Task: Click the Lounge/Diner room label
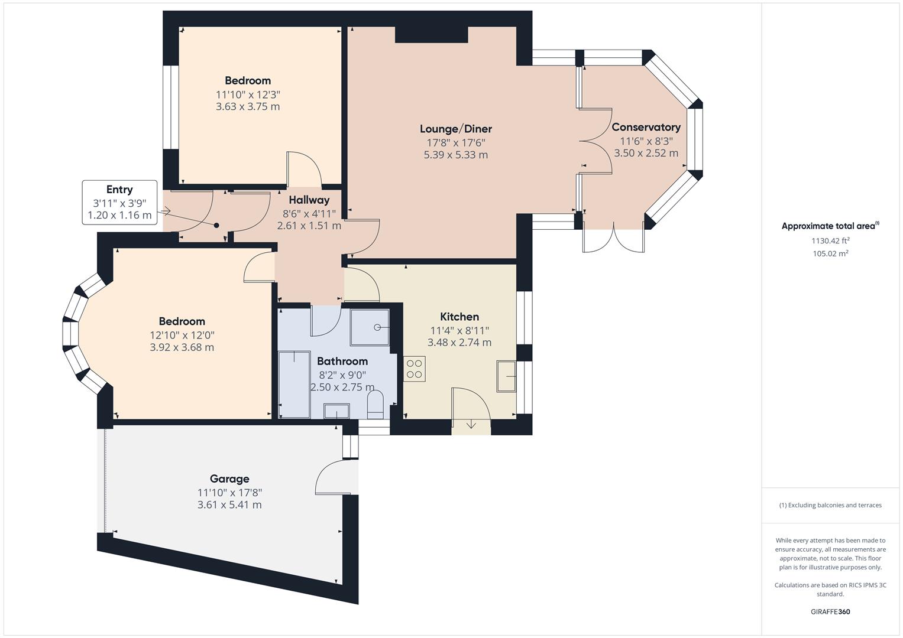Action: pyautogui.click(x=456, y=129)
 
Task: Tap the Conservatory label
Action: pyautogui.click(x=646, y=127)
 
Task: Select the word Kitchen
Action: pyautogui.click(x=459, y=317)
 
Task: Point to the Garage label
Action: pyautogui.click(x=229, y=479)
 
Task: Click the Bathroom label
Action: pyautogui.click(x=342, y=361)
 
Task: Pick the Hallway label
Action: pyautogui.click(x=309, y=200)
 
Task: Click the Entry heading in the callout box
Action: pyautogui.click(x=119, y=190)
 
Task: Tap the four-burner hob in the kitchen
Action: pyautogui.click(x=415, y=369)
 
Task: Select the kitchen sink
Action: pyautogui.click(x=506, y=376)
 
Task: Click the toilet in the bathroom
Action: pyautogui.click(x=376, y=405)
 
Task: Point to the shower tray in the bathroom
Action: pyautogui.click(x=370, y=327)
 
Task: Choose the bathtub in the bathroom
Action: pyautogui.click(x=294, y=385)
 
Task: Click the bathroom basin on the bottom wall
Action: pyautogui.click(x=336, y=411)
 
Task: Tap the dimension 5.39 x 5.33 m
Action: pyautogui.click(x=456, y=155)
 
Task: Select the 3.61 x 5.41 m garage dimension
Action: pyautogui.click(x=229, y=505)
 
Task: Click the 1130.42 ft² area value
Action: pyautogui.click(x=830, y=241)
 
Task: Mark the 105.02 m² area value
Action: pyautogui.click(x=830, y=254)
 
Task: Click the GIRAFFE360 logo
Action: pyautogui.click(x=830, y=612)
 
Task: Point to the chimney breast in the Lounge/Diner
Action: pyautogui.click(x=431, y=35)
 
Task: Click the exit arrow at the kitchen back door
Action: pyautogui.click(x=471, y=425)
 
